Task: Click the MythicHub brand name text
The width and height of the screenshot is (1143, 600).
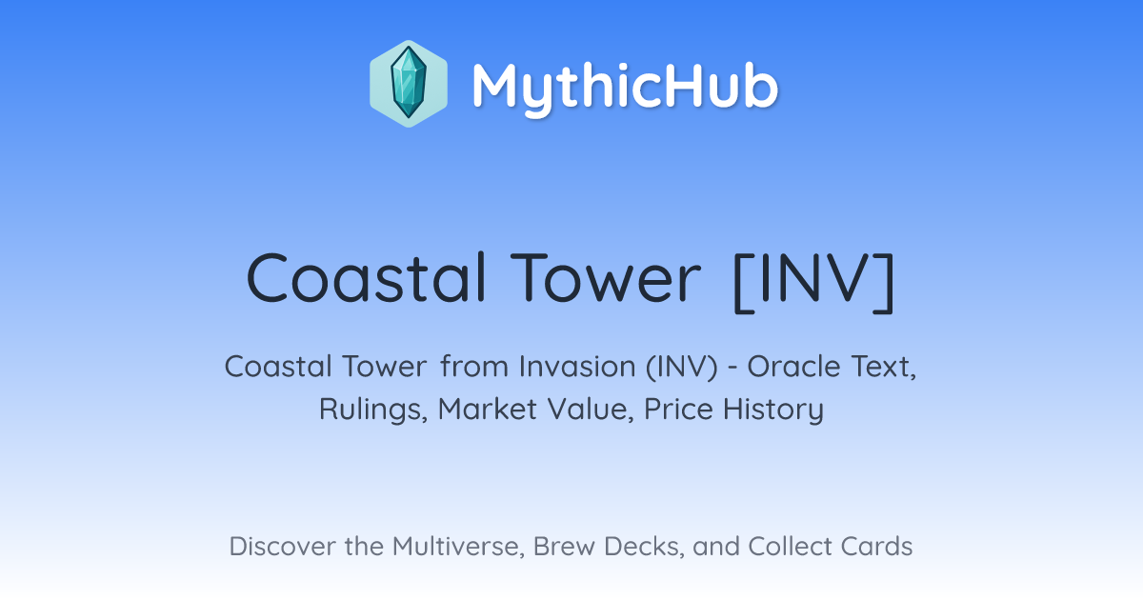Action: (x=625, y=88)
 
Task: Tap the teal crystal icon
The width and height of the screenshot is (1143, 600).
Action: (x=409, y=84)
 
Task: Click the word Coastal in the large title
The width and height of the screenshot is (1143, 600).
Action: (x=366, y=278)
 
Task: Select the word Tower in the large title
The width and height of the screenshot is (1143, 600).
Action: (x=605, y=278)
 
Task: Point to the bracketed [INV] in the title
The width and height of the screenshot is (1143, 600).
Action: (x=813, y=282)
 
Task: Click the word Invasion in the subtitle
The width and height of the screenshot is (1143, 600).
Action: (x=577, y=367)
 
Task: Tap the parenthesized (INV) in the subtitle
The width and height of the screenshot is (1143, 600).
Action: (x=682, y=367)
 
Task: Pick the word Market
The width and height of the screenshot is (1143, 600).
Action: (x=488, y=409)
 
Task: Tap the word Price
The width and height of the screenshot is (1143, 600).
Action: (x=678, y=409)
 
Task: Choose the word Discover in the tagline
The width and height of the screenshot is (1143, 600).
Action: (x=281, y=546)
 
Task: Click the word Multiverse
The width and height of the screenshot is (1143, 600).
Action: (x=458, y=547)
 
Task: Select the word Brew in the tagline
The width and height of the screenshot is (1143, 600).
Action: (x=564, y=546)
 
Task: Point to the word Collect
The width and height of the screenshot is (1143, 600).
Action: (x=790, y=546)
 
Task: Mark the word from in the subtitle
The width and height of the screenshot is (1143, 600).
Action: (x=474, y=367)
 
